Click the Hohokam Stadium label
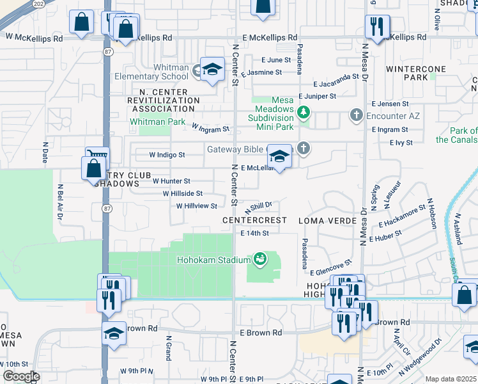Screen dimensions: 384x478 (214, 259)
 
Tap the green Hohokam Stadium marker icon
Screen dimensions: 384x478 (260, 259)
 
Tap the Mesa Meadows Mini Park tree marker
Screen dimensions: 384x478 (304, 113)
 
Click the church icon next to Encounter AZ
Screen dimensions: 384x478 (356, 116)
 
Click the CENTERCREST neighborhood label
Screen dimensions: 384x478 (254, 220)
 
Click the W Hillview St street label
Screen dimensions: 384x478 (197, 206)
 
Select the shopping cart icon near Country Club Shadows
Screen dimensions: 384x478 (97, 156)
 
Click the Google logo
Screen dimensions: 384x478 (20, 376)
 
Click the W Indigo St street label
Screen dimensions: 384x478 (167, 155)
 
